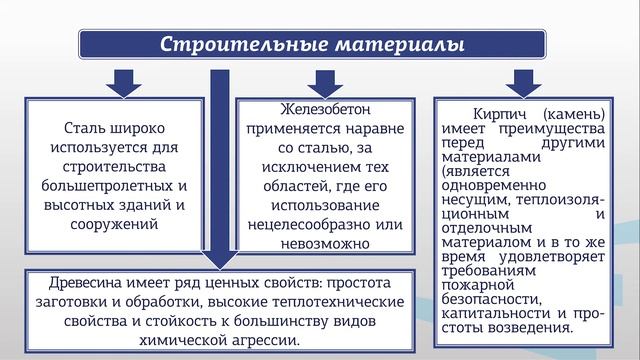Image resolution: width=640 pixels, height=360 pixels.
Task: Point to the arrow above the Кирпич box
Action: coord(520,80)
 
